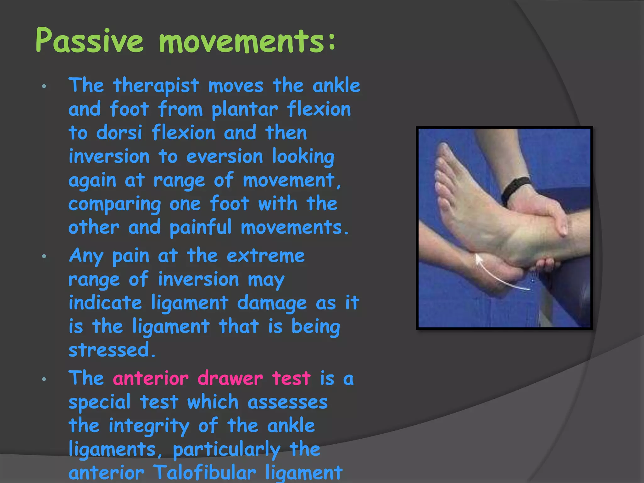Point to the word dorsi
pyautogui.click(x=119, y=133)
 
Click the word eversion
pyautogui.click(x=224, y=157)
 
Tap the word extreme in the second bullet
pyautogui.click(x=266, y=256)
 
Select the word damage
pyautogui.click(x=272, y=303)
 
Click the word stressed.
pyautogui.click(x=112, y=350)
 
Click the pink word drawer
pyautogui.click(x=230, y=378)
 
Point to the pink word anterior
pyautogui.click(x=151, y=378)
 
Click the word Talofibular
pyautogui.click(x=205, y=473)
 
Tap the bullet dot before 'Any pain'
pyautogui.click(x=44, y=256)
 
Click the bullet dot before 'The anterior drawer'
pyautogui.click(x=44, y=379)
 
